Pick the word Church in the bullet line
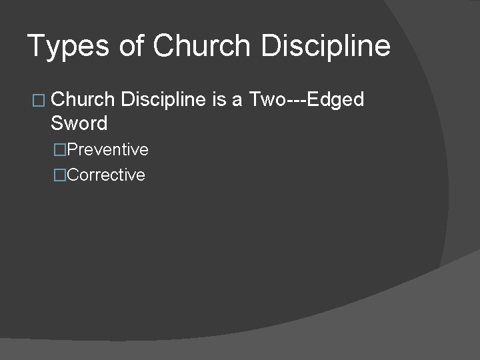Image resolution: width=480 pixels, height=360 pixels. (83, 100)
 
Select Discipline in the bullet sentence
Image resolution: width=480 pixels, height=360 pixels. (164, 100)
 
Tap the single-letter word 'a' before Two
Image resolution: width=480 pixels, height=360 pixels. (237, 101)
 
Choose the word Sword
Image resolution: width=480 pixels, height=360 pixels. (79, 123)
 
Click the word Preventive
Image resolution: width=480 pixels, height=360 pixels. (108, 150)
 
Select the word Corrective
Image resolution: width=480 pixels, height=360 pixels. (106, 175)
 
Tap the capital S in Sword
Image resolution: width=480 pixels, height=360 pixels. (57, 123)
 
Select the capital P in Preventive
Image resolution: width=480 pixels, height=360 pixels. (73, 150)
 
